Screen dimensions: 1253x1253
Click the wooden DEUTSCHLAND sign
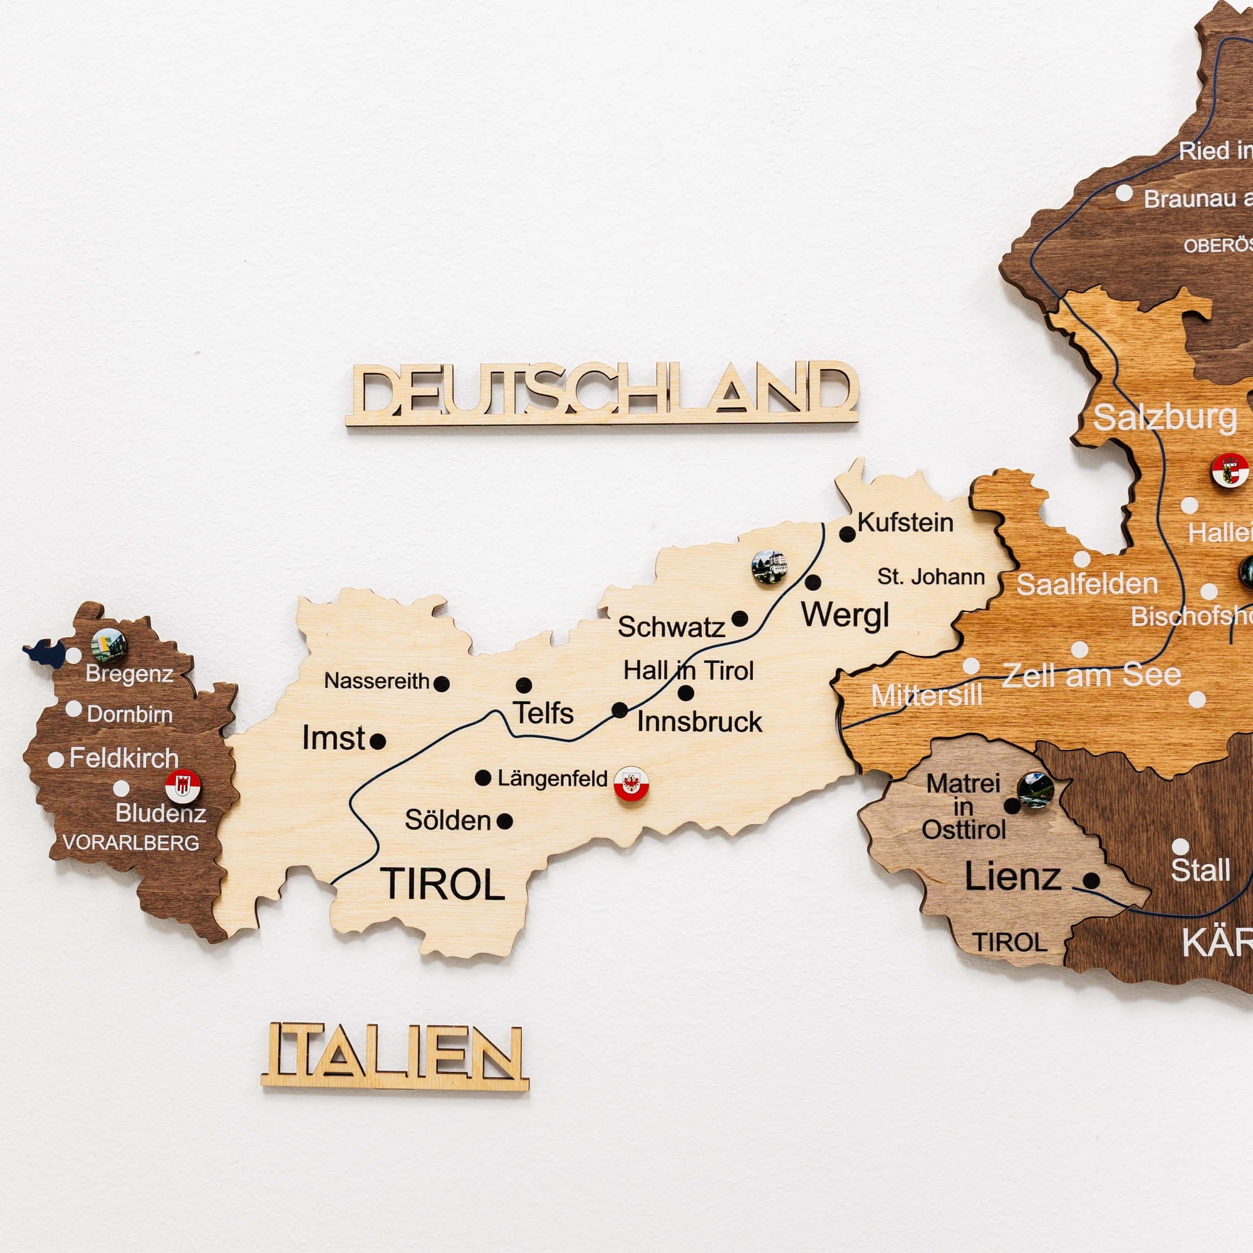(602, 393)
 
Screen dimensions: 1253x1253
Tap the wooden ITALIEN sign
(395, 1056)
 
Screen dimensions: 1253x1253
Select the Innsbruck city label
(699, 722)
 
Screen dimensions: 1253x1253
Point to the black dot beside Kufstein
(847, 534)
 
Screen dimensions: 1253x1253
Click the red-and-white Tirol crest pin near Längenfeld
(631, 784)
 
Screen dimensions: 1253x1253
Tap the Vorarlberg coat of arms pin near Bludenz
(183, 787)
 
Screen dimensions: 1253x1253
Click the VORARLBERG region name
(130, 843)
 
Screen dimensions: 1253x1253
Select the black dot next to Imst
(378, 741)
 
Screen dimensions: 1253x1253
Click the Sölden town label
(447, 821)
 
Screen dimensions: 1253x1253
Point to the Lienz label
(1012, 878)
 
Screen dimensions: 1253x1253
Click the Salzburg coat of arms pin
(1230, 471)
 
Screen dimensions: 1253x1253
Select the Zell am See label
(1091, 676)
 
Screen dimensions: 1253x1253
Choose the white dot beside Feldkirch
(56, 759)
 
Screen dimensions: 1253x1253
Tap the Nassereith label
(377, 681)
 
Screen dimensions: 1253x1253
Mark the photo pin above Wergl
(769, 568)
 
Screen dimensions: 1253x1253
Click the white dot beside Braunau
(1124, 193)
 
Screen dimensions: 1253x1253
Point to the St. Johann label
(931, 576)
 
